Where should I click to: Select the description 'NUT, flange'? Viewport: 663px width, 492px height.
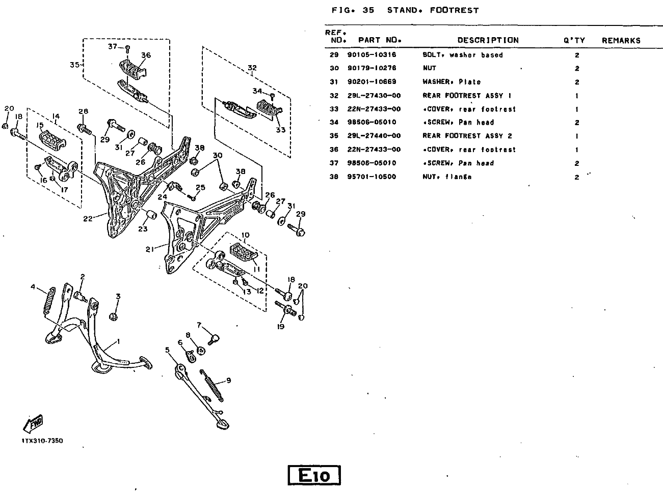(x=447, y=177)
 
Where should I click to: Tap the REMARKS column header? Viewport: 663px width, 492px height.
(x=621, y=40)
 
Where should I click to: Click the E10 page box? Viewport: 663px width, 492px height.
(x=314, y=475)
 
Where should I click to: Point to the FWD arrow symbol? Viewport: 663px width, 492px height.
(x=33, y=423)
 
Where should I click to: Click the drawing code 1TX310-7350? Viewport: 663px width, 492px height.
(x=42, y=441)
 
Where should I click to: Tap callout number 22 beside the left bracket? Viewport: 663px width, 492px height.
(x=88, y=219)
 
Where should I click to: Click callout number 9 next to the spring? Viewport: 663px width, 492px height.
(x=228, y=380)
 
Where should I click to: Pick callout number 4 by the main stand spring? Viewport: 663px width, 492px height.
(x=34, y=287)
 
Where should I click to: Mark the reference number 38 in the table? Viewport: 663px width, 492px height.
(x=334, y=177)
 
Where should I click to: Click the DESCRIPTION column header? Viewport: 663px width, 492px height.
(x=488, y=40)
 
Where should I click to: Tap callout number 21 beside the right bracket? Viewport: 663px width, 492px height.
(x=149, y=249)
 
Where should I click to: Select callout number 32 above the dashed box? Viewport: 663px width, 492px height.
(x=252, y=67)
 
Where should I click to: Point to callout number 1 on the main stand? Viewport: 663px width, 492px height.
(x=119, y=341)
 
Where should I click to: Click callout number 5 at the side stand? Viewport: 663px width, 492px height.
(x=167, y=350)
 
